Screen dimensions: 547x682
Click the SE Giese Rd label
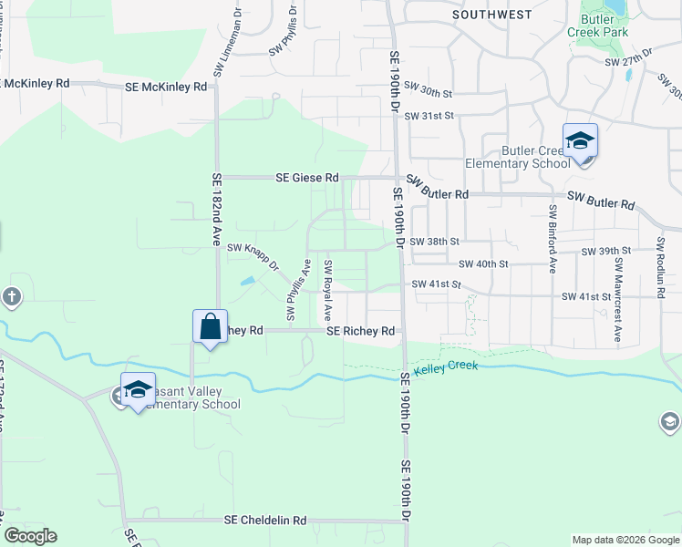[307, 178]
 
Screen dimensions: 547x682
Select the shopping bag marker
[210, 326]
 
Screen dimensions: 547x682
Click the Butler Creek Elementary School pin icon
[580, 142]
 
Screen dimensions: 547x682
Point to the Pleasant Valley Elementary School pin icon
[138, 390]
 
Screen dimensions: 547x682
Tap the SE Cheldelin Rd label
[265, 521]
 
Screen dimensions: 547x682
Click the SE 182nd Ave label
[217, 211]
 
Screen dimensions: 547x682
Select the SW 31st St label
[429, 117]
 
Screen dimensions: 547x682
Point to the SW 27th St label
[630, 62]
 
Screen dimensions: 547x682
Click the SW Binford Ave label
[553, 239]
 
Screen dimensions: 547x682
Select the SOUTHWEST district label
[492, 15]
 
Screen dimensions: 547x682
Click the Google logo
[30, 536]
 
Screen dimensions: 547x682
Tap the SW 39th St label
[608, 251]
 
